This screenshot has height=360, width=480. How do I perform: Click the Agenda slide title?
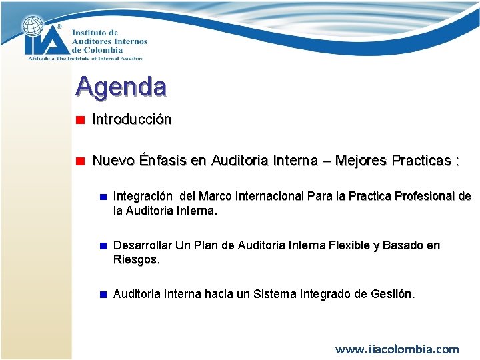tap(121, 86)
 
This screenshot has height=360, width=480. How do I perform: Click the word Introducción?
tap(132, 119)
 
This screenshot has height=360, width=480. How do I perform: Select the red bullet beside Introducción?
tap(79, 121)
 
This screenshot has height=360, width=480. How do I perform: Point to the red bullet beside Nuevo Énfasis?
tap(79, 161)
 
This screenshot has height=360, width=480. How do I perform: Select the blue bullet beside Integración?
tap(103, 197)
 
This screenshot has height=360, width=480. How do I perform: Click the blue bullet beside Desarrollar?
tap(103, 246)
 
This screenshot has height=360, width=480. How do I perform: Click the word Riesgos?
tap(135, 259)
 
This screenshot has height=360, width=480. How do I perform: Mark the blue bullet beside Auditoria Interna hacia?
tap(103, 295)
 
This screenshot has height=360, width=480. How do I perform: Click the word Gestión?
tap(393, 294)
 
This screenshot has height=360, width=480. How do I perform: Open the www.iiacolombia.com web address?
tap(397, 349)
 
